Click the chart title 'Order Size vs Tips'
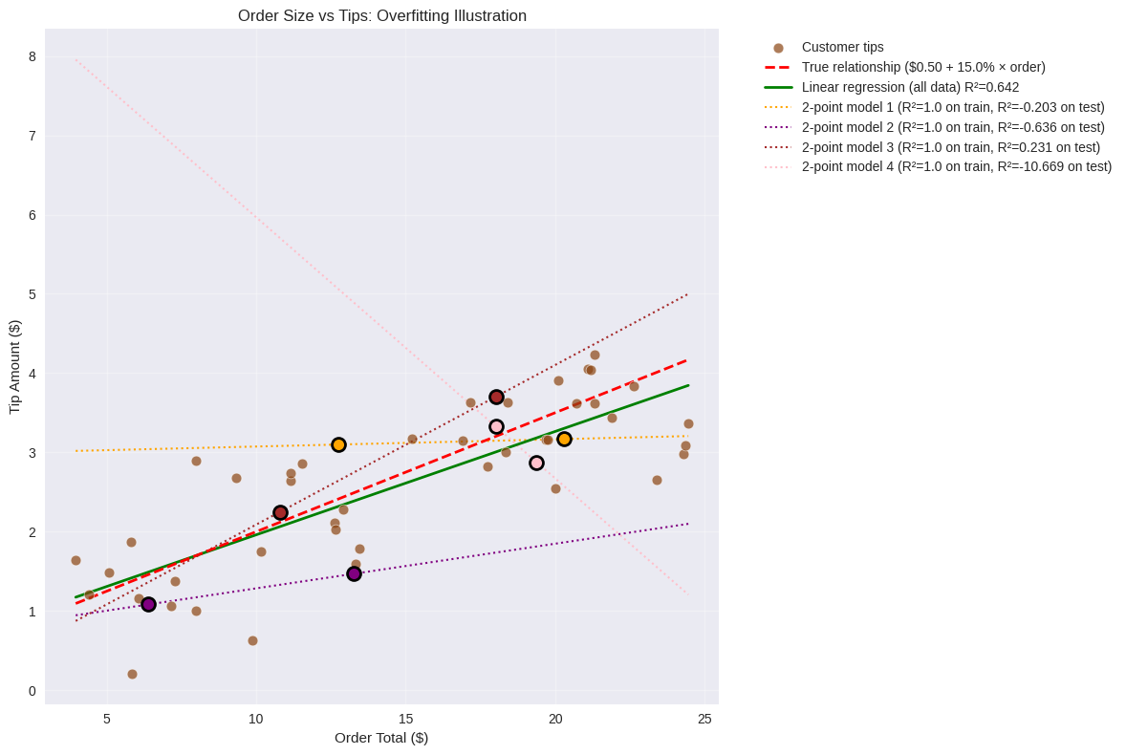coord(381,15)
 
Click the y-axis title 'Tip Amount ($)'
coord(14,367)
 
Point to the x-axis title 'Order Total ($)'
coord(381,737)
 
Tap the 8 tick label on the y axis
coord(32,56)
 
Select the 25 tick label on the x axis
coord(704,719)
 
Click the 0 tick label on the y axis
coord(32,691)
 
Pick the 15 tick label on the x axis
coord(405,719)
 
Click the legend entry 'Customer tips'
coord(842,47)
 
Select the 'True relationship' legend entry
coord(922,67)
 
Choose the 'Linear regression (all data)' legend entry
coord(909,87)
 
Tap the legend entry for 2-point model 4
coord(956,166)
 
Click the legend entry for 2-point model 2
coord(952,127)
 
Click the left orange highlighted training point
coord(338,444)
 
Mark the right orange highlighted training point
coord(564,439)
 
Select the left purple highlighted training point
coord(148,604)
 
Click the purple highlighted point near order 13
coord(354,573)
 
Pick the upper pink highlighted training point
coord(496,426)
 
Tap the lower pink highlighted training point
coord(536,463)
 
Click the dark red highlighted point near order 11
coord(280,512)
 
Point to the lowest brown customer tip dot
coord(132,674)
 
